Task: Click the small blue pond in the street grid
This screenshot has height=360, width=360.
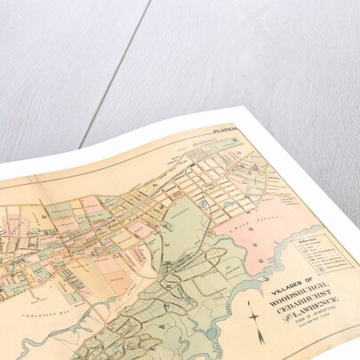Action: tap(204, 204)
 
